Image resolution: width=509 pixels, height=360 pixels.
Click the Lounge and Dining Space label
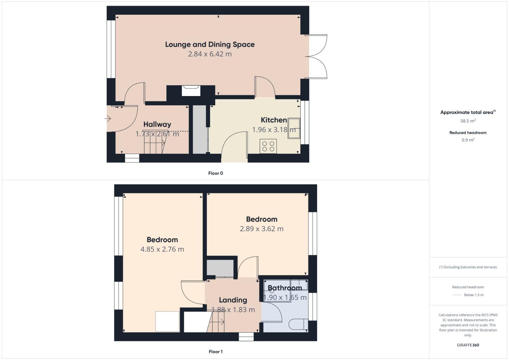(210, 45)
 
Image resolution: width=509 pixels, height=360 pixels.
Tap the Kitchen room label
(274, 120)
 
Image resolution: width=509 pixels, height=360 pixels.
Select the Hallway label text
(157, 124)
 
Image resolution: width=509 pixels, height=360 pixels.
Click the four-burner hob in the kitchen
(268, 146)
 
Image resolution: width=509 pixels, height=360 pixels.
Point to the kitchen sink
(294, 128)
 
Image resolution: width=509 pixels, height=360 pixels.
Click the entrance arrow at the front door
(108, 118)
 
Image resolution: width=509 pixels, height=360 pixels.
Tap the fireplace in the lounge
(191, 91)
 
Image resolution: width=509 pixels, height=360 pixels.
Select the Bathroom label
(285, 288)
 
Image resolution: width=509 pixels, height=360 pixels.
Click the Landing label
(233, 300)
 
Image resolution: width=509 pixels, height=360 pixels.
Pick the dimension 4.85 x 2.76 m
(162, 249)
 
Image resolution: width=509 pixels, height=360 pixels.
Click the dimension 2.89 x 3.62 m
(262, 229)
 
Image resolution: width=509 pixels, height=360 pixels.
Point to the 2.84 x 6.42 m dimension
(210, 54)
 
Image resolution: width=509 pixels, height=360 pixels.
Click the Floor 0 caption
(215, 173)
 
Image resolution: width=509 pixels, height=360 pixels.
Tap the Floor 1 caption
(215, 352)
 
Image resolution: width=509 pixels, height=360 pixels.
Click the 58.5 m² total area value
(468, 121)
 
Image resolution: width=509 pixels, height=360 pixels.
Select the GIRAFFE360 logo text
(468, 345)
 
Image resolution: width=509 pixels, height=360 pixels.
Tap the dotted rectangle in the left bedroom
(167, 321)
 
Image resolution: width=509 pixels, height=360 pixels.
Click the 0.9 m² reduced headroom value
(468, 140)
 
